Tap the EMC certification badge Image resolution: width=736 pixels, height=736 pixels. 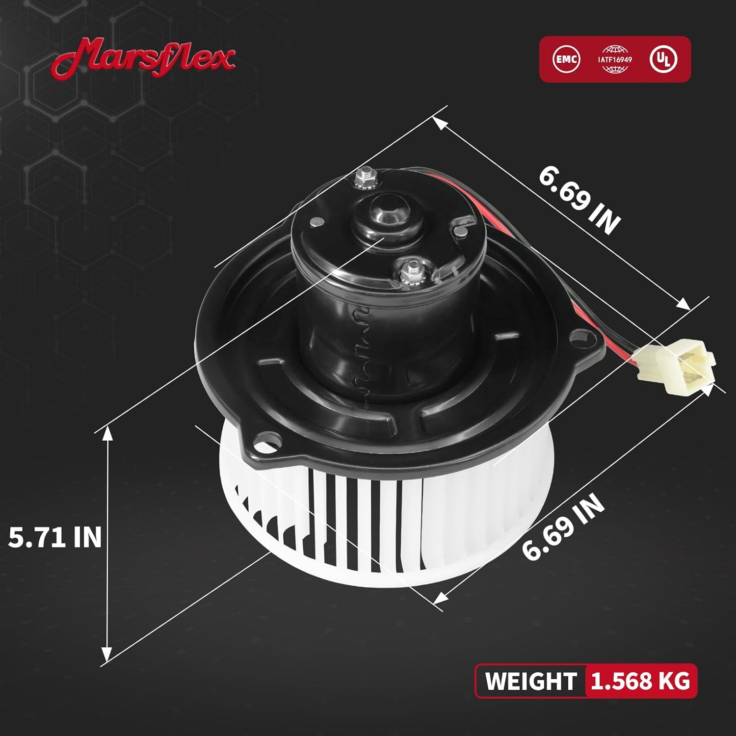[566, 59]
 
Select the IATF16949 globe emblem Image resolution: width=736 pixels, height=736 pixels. [615, 59]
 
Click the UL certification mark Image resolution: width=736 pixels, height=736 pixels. [663, 59]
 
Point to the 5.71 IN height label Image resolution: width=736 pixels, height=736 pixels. [55, 537]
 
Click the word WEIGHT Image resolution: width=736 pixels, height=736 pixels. [530, 682]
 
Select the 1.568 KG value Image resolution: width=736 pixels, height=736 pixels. [640, 681]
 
